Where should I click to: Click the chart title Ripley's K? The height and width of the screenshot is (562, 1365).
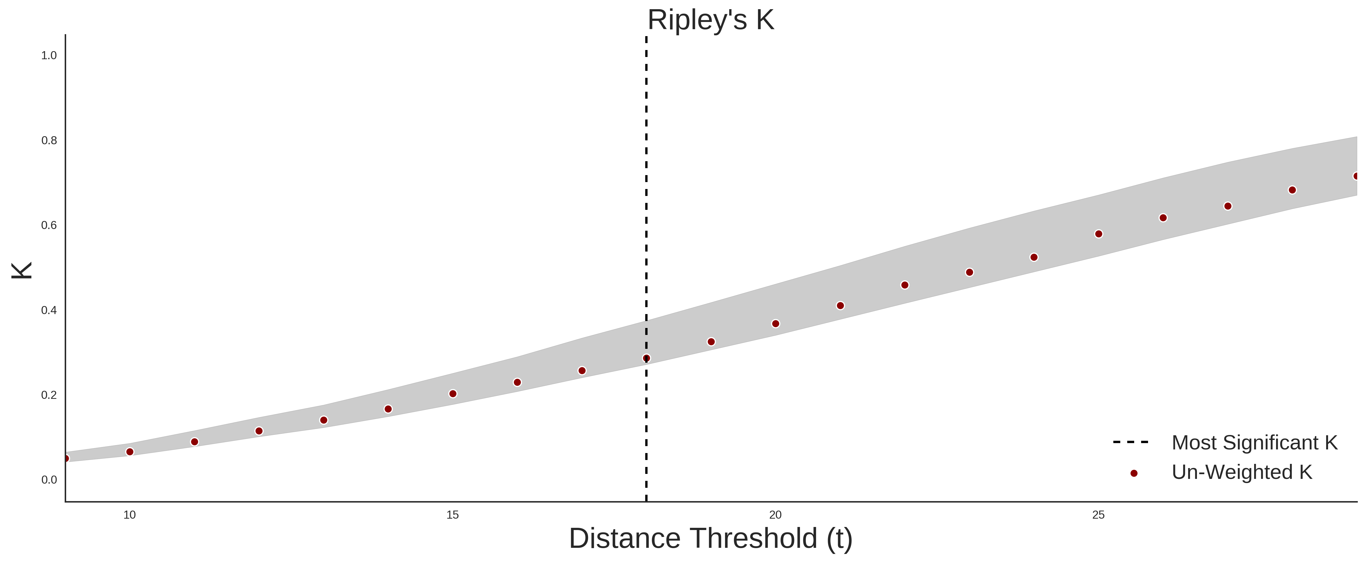point(711,20)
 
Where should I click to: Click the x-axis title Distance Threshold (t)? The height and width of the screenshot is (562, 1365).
point(711,539)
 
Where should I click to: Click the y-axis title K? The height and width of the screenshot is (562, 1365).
point(22,270)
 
